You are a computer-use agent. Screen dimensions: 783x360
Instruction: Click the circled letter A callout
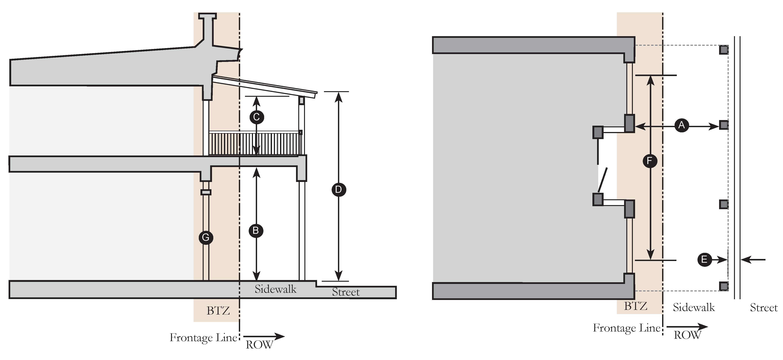point(681,125)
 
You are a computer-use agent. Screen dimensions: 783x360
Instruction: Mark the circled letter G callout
point(206,238)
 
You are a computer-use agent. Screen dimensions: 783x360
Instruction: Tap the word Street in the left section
point(346,292)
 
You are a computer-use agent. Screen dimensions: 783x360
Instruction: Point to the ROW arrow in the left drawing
point(264,336)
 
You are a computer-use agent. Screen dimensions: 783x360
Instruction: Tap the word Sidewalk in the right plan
point(694,307)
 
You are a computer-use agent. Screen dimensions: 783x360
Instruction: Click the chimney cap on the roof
point(207,16)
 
